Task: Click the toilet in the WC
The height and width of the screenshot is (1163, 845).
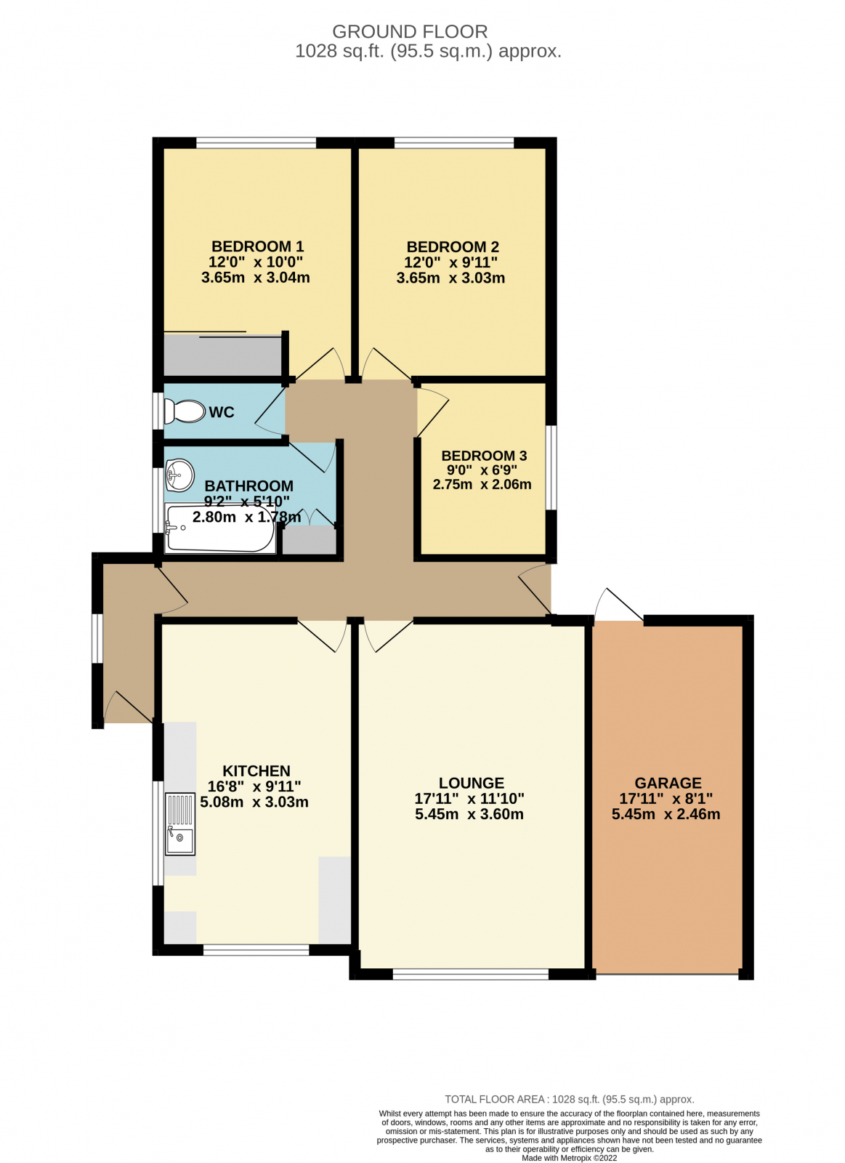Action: click(x=185, y=411)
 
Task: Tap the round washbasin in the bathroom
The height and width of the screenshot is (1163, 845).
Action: click(x=179, y=475)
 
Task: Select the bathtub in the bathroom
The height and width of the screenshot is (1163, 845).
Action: click(x=219, y=528)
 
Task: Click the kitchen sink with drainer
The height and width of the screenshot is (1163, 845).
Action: click(x=179, y=824)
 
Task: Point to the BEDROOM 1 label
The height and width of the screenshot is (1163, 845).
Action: click(x=257, y=246)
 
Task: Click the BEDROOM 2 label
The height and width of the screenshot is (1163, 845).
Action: click(x=452, y=247)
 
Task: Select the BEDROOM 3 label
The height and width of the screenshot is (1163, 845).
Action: click(x=484, y=456)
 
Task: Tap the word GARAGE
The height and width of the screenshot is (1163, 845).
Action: click(x=668, y=783)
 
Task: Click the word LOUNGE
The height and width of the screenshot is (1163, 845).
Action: click(x=471, y=783)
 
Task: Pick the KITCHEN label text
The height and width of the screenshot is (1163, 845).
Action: click(x=256, y=770)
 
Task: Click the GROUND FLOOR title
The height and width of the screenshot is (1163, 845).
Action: click(x=410, y=32)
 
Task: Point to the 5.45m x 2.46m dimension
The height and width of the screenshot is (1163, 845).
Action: click(x=666, y=814)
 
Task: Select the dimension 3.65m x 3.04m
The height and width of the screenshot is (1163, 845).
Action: click(x=256, y=278)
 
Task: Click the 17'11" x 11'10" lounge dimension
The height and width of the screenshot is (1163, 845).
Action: click(x=469, y=799)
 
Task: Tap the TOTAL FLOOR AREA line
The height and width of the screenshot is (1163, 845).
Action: click(x=569, y=1099)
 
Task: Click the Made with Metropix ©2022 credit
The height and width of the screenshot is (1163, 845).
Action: click(x=569, y=1158)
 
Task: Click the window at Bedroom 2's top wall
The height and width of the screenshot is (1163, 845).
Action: click(x=453, y=142)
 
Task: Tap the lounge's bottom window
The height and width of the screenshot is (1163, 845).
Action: click(x=470, y=974)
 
